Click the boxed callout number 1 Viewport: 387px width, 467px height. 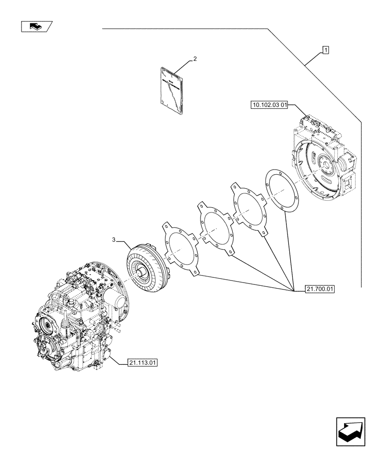[x=325, y=50]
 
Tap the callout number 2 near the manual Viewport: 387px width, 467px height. [x=194, y=59]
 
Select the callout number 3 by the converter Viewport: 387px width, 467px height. [x=114, y=240]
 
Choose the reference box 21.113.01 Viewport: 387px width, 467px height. [x=142, y=362]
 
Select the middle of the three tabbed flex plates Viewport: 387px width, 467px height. [x=215, y=229]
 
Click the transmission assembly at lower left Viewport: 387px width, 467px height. [x=79, y=318]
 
